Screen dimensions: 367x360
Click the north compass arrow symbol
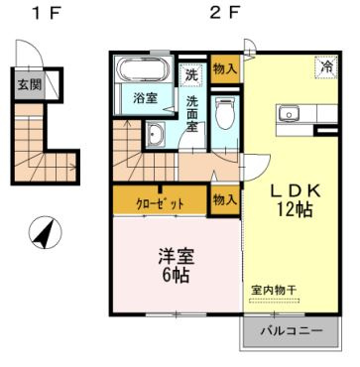[42, 235]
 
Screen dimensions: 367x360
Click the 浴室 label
[146, 97]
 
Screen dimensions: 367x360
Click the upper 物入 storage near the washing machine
[225, 68]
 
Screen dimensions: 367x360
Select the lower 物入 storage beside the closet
[225, 199]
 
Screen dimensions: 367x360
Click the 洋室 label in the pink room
[173, 255]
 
